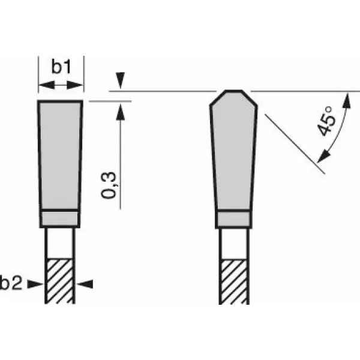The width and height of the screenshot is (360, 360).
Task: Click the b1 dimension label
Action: point(60,67)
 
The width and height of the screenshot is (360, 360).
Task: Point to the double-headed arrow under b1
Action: point(60,87)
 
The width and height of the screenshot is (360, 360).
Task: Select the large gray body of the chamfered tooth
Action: point(234,156)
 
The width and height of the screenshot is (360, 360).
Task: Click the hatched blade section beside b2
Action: point(60,281)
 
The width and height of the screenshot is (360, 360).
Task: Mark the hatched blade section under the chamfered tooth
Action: point(234,281)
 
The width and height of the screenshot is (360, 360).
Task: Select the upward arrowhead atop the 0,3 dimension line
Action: point(121,109)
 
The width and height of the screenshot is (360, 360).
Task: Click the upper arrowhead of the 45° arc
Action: point(346,100)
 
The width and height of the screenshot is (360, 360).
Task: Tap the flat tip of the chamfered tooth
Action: point(234,92)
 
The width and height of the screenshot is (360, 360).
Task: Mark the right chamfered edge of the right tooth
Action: point(251,98)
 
